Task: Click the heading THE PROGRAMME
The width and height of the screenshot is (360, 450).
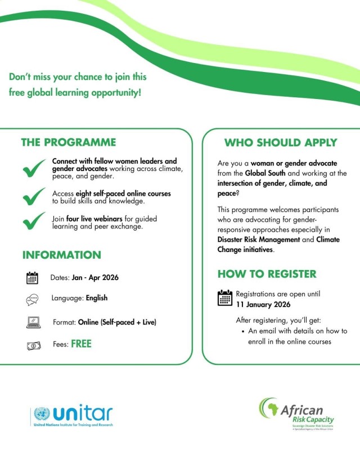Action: [x=69, y=142]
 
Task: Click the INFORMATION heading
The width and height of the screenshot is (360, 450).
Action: [x=62, y=255]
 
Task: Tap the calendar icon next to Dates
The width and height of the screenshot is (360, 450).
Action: [x=32, y=278]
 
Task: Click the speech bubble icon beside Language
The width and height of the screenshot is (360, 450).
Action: [x=32, y=299]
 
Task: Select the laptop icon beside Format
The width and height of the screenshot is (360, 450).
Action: [x=33, y=322]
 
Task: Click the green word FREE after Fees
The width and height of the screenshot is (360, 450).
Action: [x=81, y=344]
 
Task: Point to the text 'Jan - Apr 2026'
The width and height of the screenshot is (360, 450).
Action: [x=95, y=277]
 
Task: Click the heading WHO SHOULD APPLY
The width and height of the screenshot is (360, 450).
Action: [x=281, y=142]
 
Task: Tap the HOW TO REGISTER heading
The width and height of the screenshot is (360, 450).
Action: [x=267, y=274]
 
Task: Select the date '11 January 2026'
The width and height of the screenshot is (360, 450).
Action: [x=263, y=304]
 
